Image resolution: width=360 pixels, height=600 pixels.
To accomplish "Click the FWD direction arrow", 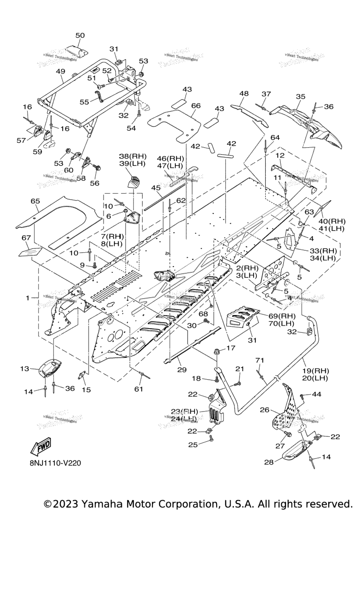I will pyautogui.click(x=41, y=447).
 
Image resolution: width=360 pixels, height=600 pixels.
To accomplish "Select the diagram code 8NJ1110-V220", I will pyautogui.click(x=55, y=463).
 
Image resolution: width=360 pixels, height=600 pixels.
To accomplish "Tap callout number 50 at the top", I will pyautogui.click(x=80, y=36).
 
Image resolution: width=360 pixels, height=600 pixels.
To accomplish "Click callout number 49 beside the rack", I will pyautogui.click(x=60, y=71).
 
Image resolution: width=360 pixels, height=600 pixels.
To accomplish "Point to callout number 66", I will pyautogui.click(x=195, y=106).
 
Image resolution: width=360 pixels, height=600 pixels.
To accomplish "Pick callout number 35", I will pyautogui.click(x=300, y=97).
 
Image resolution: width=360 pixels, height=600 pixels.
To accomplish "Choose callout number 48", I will pyautogui.click(x=244, y=93).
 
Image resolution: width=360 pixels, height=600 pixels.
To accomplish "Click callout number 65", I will pyautogui.click(x=35, y=201).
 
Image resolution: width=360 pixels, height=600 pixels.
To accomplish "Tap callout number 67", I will pyautogui.click(x=26, y=238).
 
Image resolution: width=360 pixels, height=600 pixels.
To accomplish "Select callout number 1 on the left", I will pyautogui.click(x=28, y=298).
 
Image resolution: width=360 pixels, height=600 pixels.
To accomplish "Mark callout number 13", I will pyautogui.click(x=24, y=369).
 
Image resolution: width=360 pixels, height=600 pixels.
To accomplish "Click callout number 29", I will pyautogui.click(x=182, y=370).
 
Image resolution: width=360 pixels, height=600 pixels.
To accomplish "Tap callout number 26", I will pyautogui.click(x=264, y=410).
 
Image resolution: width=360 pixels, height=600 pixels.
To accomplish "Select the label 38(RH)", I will pyautogui.click(x=133, y=156).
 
